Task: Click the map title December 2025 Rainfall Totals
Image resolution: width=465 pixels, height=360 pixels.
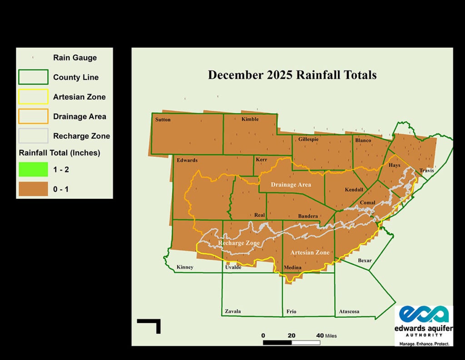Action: (292, 75)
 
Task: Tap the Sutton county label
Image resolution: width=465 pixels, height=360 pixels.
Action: (163, 120)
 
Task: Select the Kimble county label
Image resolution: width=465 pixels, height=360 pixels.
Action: (250, 119)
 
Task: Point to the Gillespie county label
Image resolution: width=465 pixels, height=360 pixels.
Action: (308, 139)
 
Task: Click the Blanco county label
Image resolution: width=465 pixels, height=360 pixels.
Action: (363, 140)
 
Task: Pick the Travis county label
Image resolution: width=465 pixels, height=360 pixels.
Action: (426, 171)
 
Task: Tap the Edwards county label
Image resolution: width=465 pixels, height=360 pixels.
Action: (187, 160)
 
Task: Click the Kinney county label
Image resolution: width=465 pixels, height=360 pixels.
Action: (185, 267)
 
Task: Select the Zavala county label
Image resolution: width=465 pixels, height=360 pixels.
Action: (233, 311)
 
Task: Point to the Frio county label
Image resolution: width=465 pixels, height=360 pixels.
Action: (291, 311)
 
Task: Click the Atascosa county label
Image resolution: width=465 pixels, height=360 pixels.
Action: (349, 311)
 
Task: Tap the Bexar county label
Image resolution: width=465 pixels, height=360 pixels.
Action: (365, 261)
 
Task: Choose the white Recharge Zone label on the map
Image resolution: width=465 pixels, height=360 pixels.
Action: (239, 243)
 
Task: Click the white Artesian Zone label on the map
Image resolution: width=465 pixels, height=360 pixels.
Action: (309, 252)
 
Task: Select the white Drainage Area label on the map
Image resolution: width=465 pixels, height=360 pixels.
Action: (291, 185)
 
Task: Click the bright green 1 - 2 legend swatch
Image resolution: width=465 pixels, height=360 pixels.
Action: (33, 169)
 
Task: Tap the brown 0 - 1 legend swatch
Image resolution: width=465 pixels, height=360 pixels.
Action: (33, 189)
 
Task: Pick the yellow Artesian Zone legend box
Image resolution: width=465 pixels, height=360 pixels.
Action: (33, 97)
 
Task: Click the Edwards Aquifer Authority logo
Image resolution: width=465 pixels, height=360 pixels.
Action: (423, 325)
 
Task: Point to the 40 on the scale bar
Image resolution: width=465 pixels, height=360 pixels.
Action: (320, 335)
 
